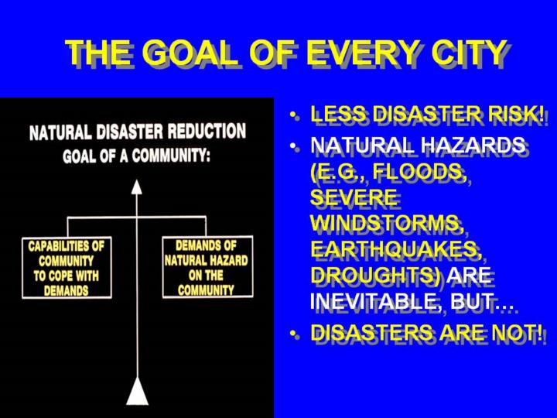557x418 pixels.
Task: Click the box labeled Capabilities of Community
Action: [x=67, y=268]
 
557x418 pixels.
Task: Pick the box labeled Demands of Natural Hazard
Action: [x=208, y=266]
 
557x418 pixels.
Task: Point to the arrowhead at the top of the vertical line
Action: [x=137, y=187]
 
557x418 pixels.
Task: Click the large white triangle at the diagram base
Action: [x=137, y=391]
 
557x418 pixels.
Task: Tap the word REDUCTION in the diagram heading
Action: [x=207, y=131]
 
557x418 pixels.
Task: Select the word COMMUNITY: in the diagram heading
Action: [x=171, y=156]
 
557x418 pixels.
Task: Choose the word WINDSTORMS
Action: [x=388, y=224]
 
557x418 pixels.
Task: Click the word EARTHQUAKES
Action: [x=396, y=249]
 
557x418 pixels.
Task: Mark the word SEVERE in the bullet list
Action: [x=354, y=197]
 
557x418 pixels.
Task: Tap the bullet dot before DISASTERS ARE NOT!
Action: [x=292, y=334]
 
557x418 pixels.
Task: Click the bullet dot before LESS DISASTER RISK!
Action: [x=292, y=115]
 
